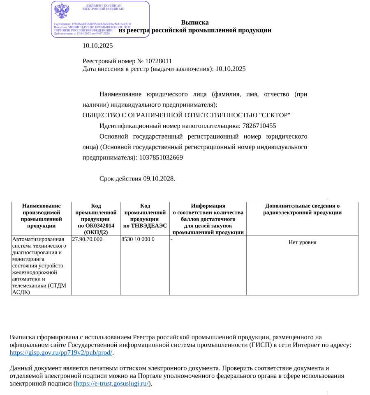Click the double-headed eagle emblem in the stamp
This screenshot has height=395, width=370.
(62, 11)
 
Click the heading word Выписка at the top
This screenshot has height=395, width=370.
(195, 23)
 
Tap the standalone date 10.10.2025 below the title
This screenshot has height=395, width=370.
(97, 46)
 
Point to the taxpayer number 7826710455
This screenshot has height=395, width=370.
(259, 126)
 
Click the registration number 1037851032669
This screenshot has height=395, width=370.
(161, 158)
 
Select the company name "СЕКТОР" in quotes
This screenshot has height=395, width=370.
(275, 115)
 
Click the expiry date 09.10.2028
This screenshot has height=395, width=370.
(159, 179)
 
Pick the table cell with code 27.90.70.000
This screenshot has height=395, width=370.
(87, 239)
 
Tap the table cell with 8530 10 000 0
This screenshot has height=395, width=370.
(138, 239)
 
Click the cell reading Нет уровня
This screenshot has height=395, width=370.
(302, 242)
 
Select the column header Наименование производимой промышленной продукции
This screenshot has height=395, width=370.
(41, 216)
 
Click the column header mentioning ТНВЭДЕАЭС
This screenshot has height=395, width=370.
(145, 216)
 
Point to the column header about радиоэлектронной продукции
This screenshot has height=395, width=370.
(302, 209)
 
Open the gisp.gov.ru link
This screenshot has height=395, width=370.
(61, 353)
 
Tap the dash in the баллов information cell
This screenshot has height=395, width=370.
(171, 239)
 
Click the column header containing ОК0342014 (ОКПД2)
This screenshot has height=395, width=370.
(96, 219)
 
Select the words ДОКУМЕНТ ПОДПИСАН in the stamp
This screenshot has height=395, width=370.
(103, 5)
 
